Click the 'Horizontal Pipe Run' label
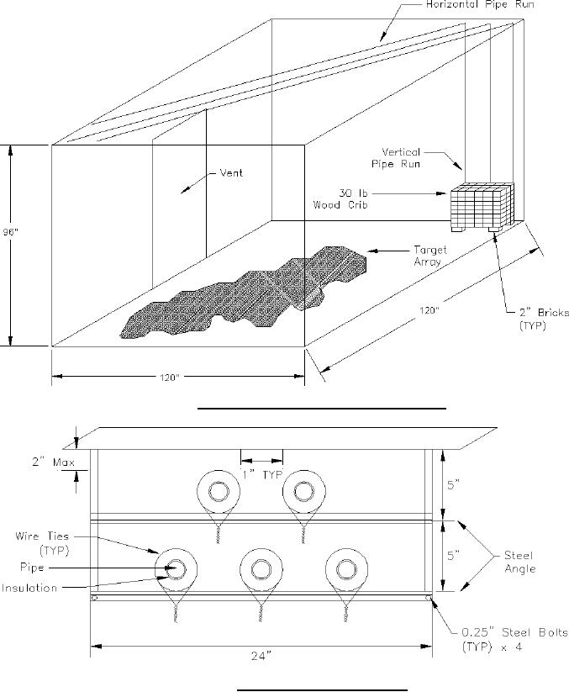click(x=480, y=4)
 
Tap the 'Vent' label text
click(x=231, y=172)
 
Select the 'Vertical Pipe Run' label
click(x=396, y=158)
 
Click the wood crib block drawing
click(x=482, y=207)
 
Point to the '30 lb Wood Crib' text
click(x=340, y=198)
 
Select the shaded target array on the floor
click(x=244, y=292)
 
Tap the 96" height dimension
click(x=8, y=232)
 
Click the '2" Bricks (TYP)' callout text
click(x=544, y=319)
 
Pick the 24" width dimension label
click(x=261, y=656)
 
